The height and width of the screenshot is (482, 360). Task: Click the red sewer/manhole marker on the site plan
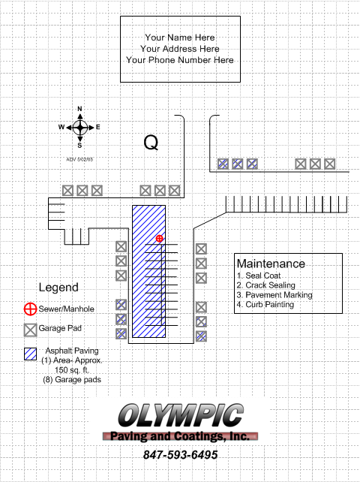click(x=159, y=239)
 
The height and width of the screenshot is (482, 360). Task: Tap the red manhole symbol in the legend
click(x=31, y=309)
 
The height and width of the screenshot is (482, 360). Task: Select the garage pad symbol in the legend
click(x=31, y=330)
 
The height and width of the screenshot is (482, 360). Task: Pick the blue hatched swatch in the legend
click(x=31, y=354)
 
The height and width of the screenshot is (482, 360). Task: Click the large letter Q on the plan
click(x=151, y=143)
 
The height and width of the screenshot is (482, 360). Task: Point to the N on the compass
click(x=79, y=109)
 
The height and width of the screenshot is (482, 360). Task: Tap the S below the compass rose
click(x=79, y=146)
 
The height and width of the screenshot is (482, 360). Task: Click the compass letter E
click(x=98, y=127)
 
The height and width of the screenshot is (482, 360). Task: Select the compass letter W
click(x=61, y=127)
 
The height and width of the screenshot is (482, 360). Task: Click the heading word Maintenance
click(x=271, y=264)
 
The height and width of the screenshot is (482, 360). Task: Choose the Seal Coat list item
click(x=259, y=276)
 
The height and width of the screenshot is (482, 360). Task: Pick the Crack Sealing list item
click(x=266, y=285)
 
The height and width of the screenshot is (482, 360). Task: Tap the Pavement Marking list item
click(x=274, y=295)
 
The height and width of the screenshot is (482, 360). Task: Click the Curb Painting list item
click(x=265, y=304)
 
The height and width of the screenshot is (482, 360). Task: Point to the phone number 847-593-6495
click(x=181, y=455)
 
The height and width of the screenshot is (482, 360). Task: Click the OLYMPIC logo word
click(x=181, y=416)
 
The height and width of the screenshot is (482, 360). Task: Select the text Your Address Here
click(x=180, y=49)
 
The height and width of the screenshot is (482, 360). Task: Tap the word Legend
click(x=58, y=288)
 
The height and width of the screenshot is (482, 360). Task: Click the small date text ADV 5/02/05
click(x=79, y=159)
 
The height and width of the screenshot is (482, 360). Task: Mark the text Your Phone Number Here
click(x=180, y=60)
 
